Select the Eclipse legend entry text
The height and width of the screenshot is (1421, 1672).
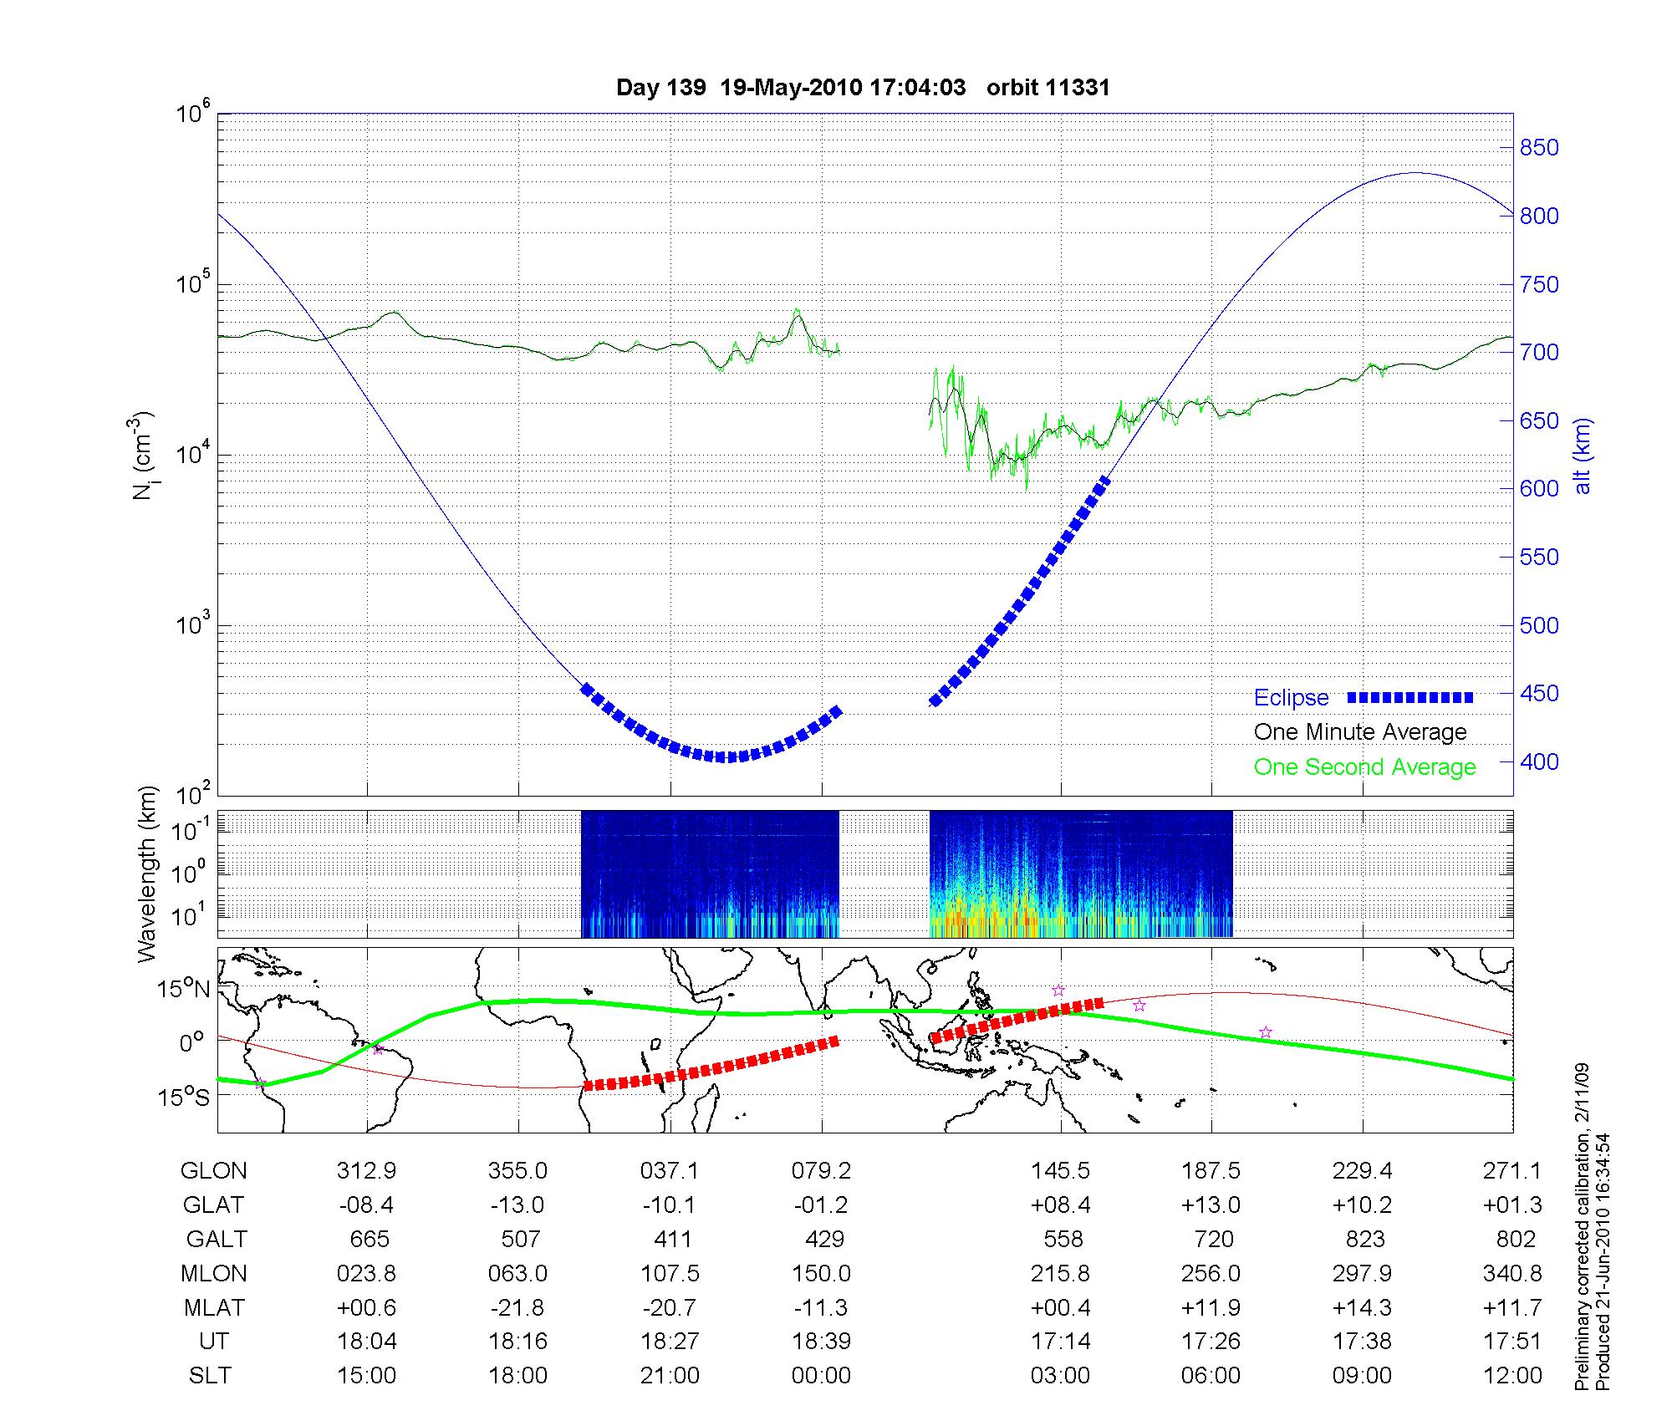click(x=1291, y=698)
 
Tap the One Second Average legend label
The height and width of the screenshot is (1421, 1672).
click(x=1364, y=767)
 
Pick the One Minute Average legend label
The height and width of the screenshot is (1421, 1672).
click(x=1360, y=732)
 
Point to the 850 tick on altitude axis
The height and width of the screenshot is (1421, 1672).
click(x=1539, y=148)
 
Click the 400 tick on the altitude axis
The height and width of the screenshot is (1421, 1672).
click(x=1539, y=762)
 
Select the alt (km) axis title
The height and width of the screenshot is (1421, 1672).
click(x=1583, y=456)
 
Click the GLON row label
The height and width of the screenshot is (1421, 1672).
click(x=213, y=1171)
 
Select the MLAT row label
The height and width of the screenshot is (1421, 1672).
click(x=213, y=1307)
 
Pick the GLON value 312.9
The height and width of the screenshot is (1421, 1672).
click(x=366, y=1171)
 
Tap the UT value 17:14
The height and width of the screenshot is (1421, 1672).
click(x=1060, y=1342)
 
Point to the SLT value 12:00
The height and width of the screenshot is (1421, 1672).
click(x=1514, y=1376)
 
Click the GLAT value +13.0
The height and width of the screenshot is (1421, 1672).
click(x=1211, y=1205)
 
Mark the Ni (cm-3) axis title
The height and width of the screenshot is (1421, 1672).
click(x=144, y=456)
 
